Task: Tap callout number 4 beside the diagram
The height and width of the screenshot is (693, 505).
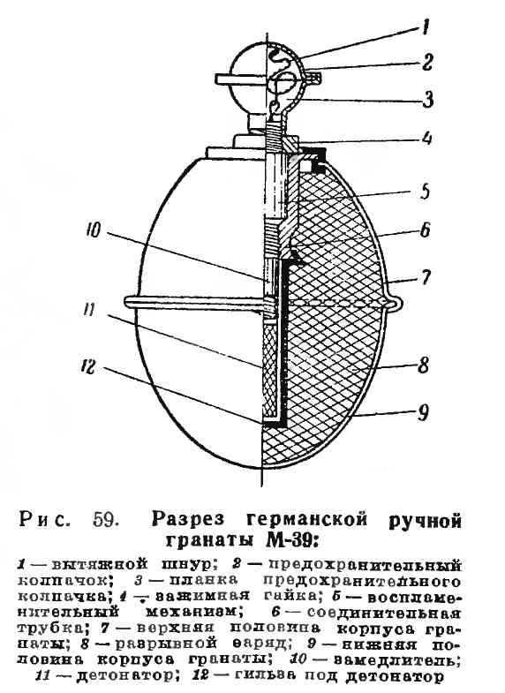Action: tap(426, 138)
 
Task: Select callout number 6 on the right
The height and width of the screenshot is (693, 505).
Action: tap(425, 230)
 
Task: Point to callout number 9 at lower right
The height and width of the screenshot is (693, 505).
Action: tap(423, 413)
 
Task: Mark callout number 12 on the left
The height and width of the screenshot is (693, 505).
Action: tap(89, 366)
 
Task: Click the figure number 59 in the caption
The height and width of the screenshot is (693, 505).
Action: tap(106, 520)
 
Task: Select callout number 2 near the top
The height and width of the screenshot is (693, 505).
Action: tap(426, 63)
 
